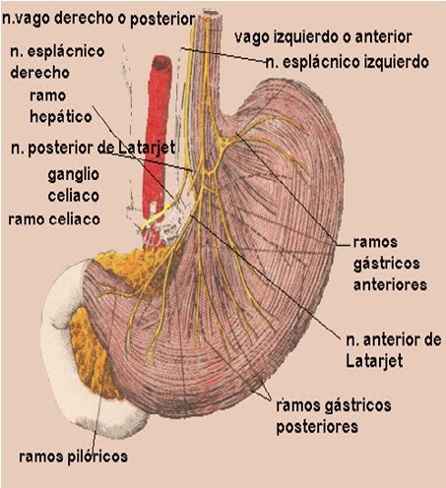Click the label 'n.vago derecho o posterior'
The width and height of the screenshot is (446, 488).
(98, 19)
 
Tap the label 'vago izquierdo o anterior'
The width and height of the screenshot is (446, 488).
(323, 36)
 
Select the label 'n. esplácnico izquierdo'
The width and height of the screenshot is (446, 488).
(348, 62)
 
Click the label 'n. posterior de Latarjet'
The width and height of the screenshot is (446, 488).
(93, 149)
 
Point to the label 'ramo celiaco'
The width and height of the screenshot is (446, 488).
(54, 219)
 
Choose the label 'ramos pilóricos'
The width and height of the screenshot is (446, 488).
(73, 457)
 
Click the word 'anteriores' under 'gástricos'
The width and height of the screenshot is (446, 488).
(390, 284)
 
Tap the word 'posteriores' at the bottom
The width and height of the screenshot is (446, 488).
(317, 427)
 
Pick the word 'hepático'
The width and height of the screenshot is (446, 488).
(61, 117)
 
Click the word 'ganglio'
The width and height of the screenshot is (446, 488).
(74, 174)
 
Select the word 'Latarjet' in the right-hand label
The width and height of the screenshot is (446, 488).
(374, 361)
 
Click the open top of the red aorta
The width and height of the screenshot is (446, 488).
(161, 62)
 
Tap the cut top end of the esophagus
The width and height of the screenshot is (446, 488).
(211, 13)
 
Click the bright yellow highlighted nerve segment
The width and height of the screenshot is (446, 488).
(156, 216)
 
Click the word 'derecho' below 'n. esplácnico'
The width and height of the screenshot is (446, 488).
(39, 73)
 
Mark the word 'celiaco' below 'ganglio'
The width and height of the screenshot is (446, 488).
(74, 196)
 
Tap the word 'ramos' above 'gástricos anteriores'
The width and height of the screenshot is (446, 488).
(375, 242)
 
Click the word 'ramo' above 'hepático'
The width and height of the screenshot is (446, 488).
(48, 95)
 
